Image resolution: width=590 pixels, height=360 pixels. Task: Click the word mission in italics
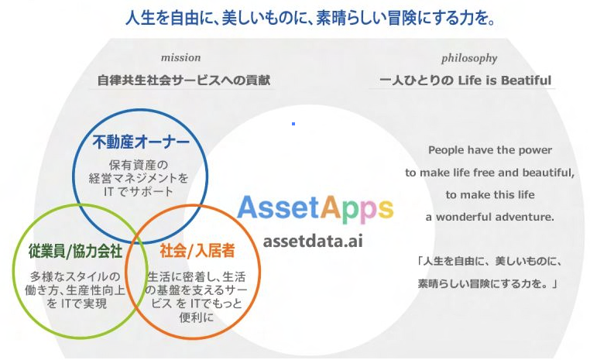[x=180, y=57]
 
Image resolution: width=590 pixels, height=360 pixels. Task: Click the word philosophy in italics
[x=469, y=59]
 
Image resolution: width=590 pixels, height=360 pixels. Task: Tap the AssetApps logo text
[x=315, y=208]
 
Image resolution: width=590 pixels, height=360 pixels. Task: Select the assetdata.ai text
[x=313, y=241]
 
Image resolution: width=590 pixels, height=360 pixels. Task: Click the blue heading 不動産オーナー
[x=141, y=142]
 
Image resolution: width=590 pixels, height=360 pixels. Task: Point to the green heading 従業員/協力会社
[x=75, y=251]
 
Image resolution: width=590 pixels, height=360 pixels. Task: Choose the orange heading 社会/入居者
[x=197, y=251]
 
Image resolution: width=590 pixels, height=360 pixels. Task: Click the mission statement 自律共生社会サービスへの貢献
[x=184, y=80]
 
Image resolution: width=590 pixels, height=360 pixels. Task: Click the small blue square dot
[x=293, y=124]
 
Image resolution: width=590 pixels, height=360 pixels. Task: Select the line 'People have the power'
[x=490, y=150]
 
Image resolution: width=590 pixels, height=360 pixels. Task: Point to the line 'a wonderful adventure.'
[x=490, y=217]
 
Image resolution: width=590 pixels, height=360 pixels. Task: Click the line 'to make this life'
[x=490, y=194]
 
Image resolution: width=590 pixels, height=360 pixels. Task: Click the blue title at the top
[x=310, y=17]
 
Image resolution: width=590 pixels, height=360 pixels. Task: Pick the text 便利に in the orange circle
[x=197, y=317]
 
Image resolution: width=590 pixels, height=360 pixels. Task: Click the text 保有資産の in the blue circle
[x=138, y=165]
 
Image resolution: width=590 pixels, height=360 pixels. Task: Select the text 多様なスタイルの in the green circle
[x=75, y=276]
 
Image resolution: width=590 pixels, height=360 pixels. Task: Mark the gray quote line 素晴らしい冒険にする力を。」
[x=488, y=283]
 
